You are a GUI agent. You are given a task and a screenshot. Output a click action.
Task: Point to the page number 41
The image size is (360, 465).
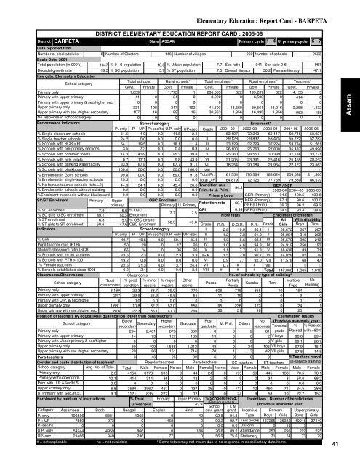tap(350, 445)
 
